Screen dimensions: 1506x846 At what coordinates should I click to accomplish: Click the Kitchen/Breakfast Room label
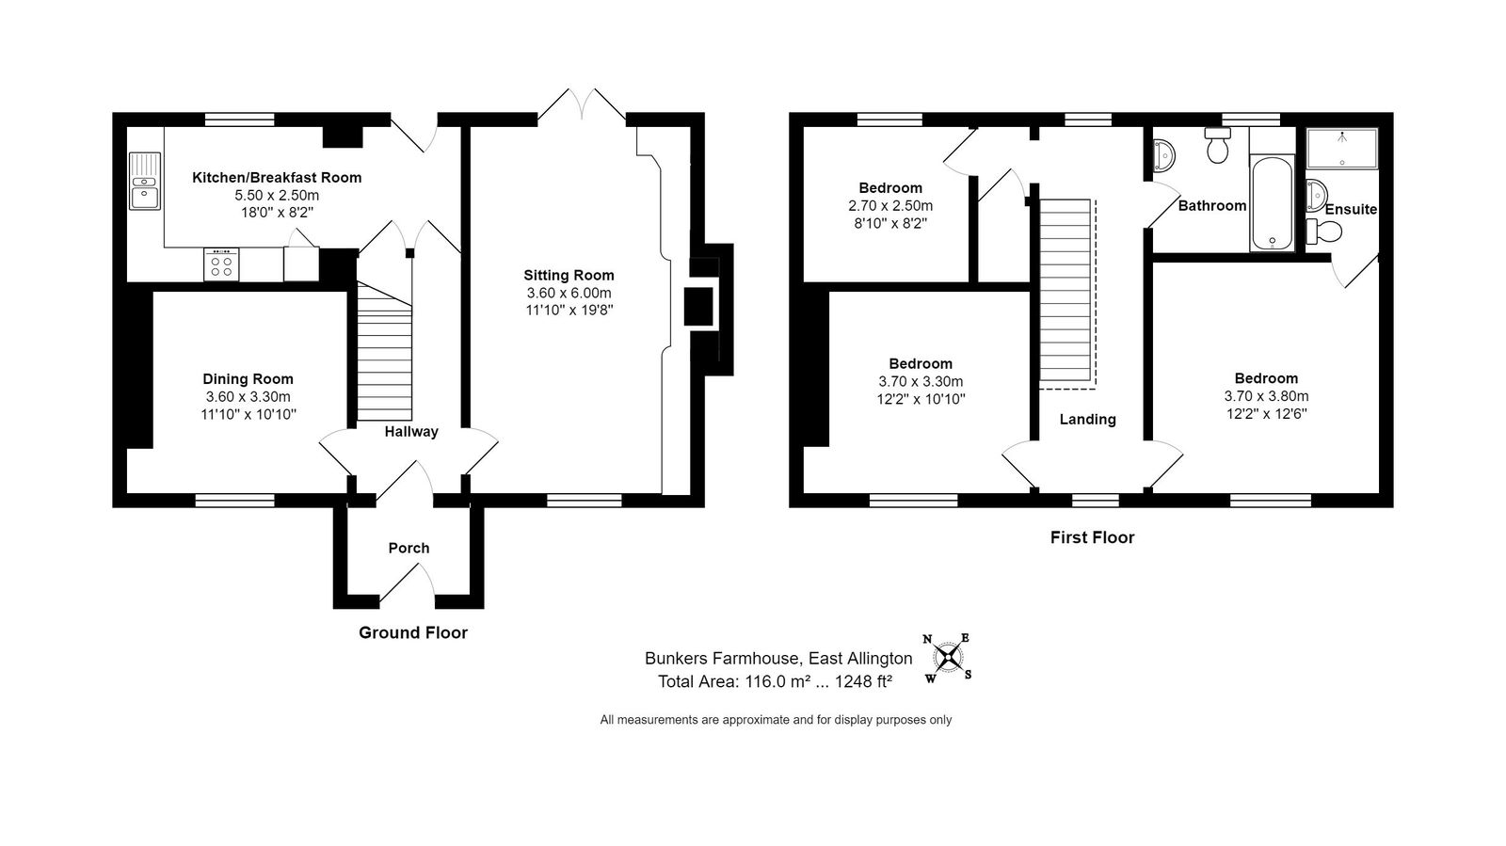click(x=277, y=178)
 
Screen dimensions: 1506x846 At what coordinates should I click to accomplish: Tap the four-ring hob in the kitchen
click(x=221, y=264)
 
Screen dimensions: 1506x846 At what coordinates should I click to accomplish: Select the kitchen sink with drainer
click(x=145, y=181)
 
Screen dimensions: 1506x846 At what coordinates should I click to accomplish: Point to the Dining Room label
click(x=248, y=379)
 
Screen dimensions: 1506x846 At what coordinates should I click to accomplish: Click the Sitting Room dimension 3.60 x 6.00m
click(x=569, y=293)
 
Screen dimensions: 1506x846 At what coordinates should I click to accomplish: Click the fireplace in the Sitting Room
click(x=698, y=307)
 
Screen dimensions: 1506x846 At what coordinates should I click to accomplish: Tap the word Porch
click(x=409, y=549)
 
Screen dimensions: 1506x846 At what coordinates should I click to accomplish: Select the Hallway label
click(x=411, y=432)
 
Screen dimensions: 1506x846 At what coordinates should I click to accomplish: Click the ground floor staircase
click(x=384, y=352)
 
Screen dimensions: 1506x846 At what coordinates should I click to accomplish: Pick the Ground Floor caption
click(x=413, y=633)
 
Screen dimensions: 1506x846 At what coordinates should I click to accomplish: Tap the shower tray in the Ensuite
click(x=1342, y=149)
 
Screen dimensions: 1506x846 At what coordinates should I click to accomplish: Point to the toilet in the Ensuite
click(x=1323, y=231)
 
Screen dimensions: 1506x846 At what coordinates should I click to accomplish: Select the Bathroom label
click(x=1212, y=206)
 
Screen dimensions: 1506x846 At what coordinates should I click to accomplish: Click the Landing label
click(x=1088, y=420)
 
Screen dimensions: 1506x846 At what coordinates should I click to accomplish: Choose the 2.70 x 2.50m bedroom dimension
click(x=890, y=206)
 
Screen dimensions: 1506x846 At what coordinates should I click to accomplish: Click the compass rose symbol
click(x=948, y=657)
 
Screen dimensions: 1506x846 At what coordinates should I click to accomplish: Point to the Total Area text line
click(x=776, y=682)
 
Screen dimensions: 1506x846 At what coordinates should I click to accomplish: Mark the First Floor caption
click(x=1093, y=537)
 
